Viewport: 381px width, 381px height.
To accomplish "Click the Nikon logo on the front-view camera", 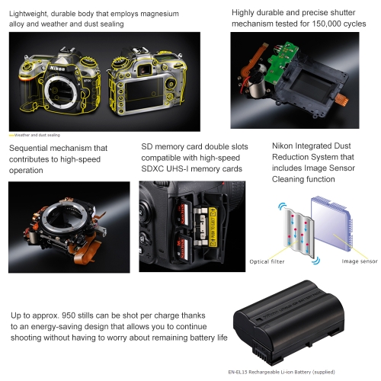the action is pos(57,69).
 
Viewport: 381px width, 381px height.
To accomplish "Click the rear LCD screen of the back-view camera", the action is pos(144,94).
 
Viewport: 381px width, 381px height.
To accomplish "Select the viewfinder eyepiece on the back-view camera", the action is pos(145,69).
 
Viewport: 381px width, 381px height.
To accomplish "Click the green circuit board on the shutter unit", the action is pos(280,63).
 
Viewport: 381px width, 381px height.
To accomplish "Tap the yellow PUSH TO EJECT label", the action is pos(213,228).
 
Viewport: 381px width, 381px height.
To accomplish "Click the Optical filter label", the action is pos(267,261).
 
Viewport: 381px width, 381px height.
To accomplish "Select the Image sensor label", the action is pos(360,261).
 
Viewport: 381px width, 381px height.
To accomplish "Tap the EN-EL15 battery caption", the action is pos(281,372).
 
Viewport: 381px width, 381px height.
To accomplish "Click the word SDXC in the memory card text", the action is pos(152,169).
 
